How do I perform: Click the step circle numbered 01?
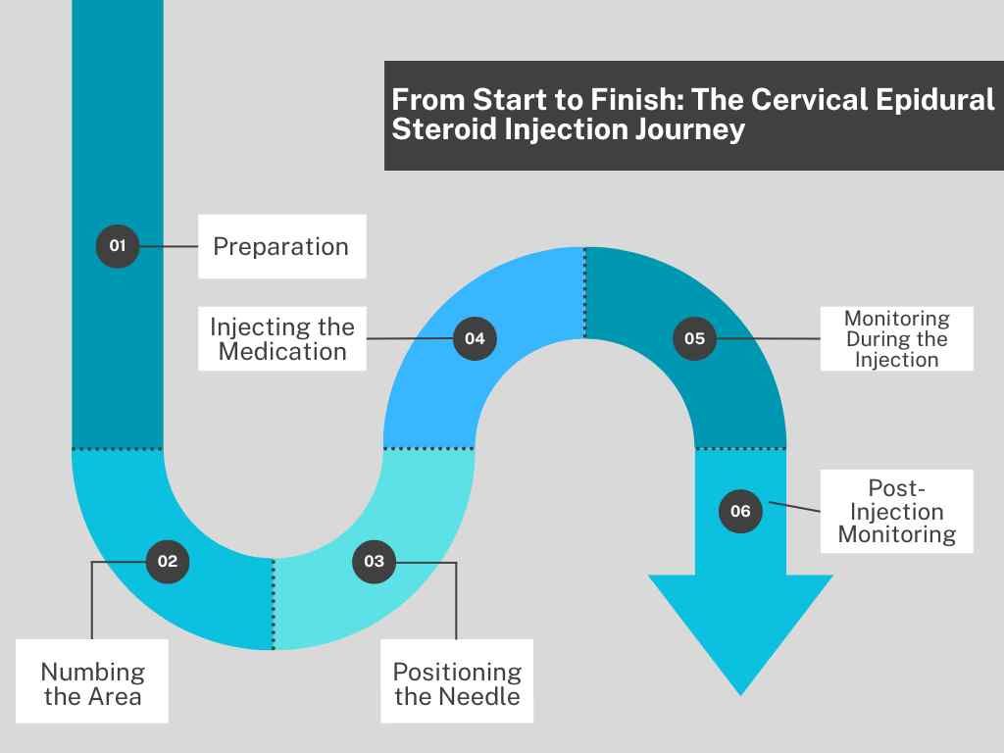pyautogui.click(x=118, y=246)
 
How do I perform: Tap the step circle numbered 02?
pyautogui.click(x=168, y=562)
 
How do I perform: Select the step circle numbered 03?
pyautogui.click(x=375, y=562)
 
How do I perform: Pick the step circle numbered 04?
pyautogui.click(x=476, y=338)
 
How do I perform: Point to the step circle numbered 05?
pyautogui.click(x=695, y=338)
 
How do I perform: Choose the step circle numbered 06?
pyautogui.click(x=741, y=511)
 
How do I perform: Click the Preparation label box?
pyautogui.click(x=282, y=246)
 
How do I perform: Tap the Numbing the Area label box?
pyautogui.click(x=92, y=681)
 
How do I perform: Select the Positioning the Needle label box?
pyautogui.click(x=457, y=681)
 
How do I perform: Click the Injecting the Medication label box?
pyautogui.click(x=282, y=338)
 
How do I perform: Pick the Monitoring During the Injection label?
pyautogui.click(x=897, y=338)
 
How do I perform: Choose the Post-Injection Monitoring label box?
pyautogui.click(x=897, y=511)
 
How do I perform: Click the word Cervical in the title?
pyautogui.click(x=807, y=100)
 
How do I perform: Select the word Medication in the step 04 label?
pyautogui.click(x=282, y=352)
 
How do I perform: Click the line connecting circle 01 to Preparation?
pyautogui.click(x=169, y=246)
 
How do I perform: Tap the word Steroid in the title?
pyautogui.click(x=444, y=129)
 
